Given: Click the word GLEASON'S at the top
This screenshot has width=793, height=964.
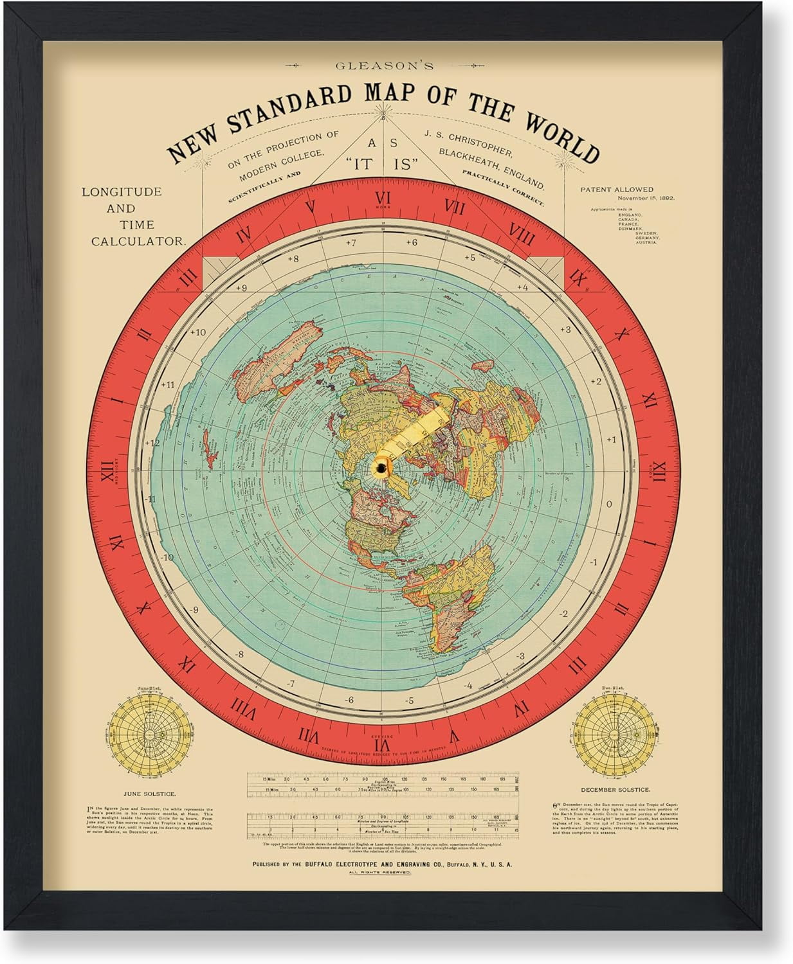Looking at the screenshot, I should (383, 65).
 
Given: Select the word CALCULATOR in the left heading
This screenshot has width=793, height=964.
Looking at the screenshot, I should (138, 242).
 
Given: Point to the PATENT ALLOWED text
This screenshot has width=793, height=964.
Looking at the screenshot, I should (616, 190).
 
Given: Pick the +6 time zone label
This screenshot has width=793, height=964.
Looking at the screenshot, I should (411, 242).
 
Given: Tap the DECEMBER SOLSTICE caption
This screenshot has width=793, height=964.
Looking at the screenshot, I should (615, 789).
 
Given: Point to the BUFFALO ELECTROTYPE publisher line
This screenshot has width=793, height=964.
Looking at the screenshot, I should (382, 864).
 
